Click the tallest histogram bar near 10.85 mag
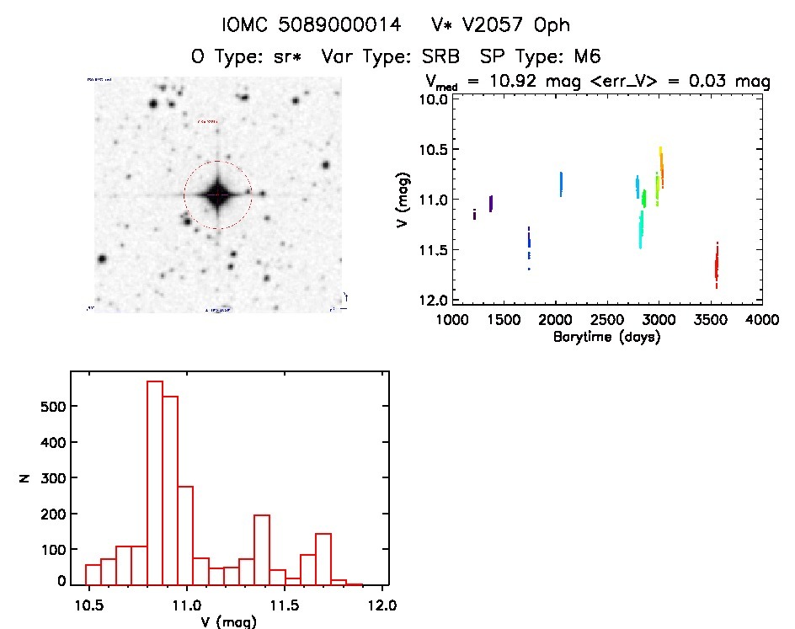point(155,482)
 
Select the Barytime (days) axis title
point(606,337)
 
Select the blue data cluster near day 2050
point(561,184)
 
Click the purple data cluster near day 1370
point(491,203)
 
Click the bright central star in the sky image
point(218,195)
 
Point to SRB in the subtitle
point(443,56)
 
